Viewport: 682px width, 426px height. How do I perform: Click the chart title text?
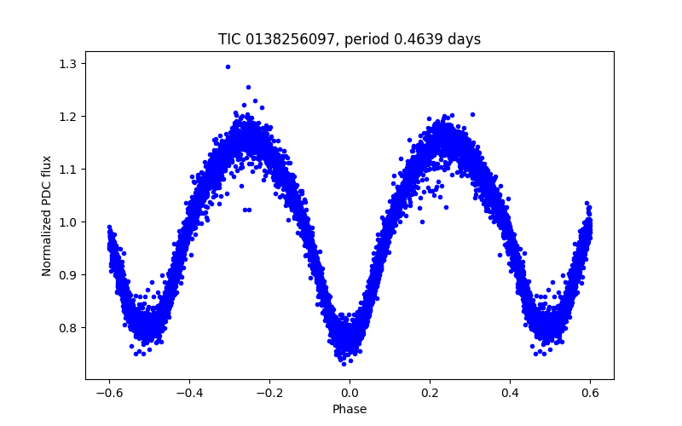click(350, 39)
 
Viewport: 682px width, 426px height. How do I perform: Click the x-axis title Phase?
click(350, 409)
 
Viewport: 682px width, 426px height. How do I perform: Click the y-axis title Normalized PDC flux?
click(47, 216)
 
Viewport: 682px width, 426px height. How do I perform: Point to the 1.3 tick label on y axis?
click(68, 64)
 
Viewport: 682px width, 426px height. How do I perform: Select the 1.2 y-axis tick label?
click(68, 117)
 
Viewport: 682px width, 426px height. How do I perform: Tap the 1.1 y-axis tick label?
click(68, 170)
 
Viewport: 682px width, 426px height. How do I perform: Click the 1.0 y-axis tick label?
click(68, 222)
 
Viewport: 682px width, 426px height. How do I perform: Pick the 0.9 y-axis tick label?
click(68, 275)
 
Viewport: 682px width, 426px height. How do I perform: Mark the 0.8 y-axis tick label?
click(68, 328)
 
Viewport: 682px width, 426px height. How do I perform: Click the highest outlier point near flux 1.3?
click(228, 66)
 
